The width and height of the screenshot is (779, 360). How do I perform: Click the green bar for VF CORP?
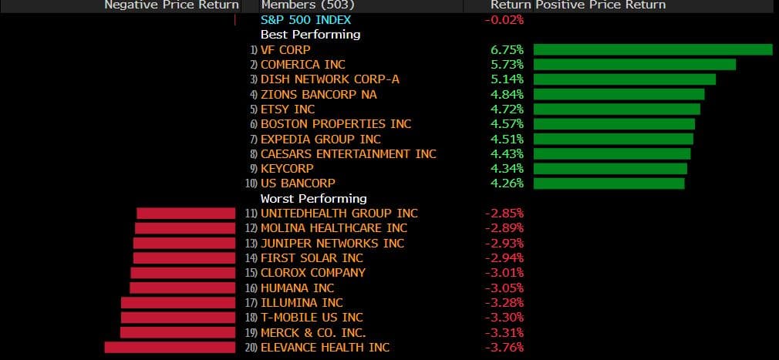pyautogui.click(x=653, y=50)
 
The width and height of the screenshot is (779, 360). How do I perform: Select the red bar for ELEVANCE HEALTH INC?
pyautogui.click(x=170, y=348)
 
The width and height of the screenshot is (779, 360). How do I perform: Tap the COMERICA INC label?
pyautogui.click(x=303, y=65)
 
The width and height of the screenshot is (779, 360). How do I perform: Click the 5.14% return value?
pyautogui.click(x=507, y=79)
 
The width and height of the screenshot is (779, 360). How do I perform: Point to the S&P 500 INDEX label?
pyautogui.click(x=306, y=20)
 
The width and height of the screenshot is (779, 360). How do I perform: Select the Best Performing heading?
pyautogui.click(x=310, y=35)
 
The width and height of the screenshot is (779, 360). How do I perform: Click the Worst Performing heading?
pyautogui.click(x=313, y=199)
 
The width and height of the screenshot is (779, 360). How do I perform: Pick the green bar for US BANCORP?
pyautogui.click(x=609, y=183)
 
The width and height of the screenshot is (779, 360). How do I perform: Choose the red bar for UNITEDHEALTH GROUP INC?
pyautogui.click(x=186, y=214)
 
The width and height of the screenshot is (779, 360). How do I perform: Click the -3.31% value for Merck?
pyautogui.click(x=504, y=333)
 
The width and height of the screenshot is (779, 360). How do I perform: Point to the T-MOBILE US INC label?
pyautogui.click(x=312, y=318)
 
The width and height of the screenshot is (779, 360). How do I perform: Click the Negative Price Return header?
pyautogui.click(x=171, y=5)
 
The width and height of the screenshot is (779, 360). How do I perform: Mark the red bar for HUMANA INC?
pyautogui.click(x=182, y=288)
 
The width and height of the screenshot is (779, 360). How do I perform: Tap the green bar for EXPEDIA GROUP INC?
pyautogui.click(x=613, y=140)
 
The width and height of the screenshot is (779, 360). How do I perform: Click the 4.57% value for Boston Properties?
pyautogui.click(x=507, y=124)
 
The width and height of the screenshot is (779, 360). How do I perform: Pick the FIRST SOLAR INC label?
pyautogui.click(x=312, y=258)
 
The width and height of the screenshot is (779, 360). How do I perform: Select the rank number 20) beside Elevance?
pyautogui.click(x=251, y=348)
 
